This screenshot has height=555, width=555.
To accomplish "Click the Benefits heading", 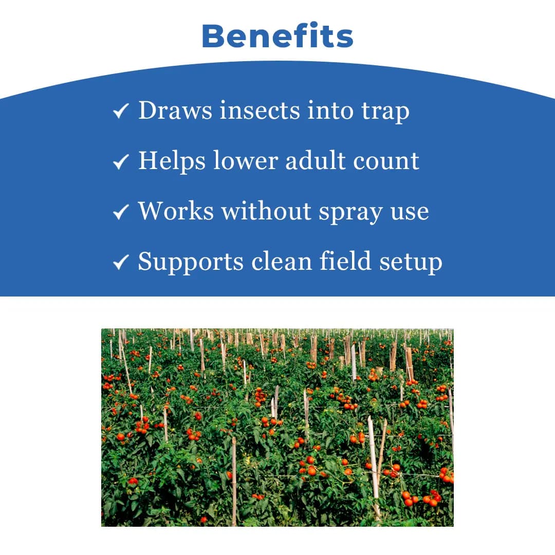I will tap(277, 36).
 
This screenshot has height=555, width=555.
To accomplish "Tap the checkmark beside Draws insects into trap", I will tap(121, 111).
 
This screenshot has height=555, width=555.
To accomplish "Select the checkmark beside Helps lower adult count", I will tap(121, 161).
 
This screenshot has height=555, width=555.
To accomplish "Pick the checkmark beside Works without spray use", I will tap(121, 212).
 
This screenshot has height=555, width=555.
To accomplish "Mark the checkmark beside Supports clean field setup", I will tap(121, 262).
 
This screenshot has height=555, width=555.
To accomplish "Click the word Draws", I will tap(175, 110).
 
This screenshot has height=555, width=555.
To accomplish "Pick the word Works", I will tap(175, 211).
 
